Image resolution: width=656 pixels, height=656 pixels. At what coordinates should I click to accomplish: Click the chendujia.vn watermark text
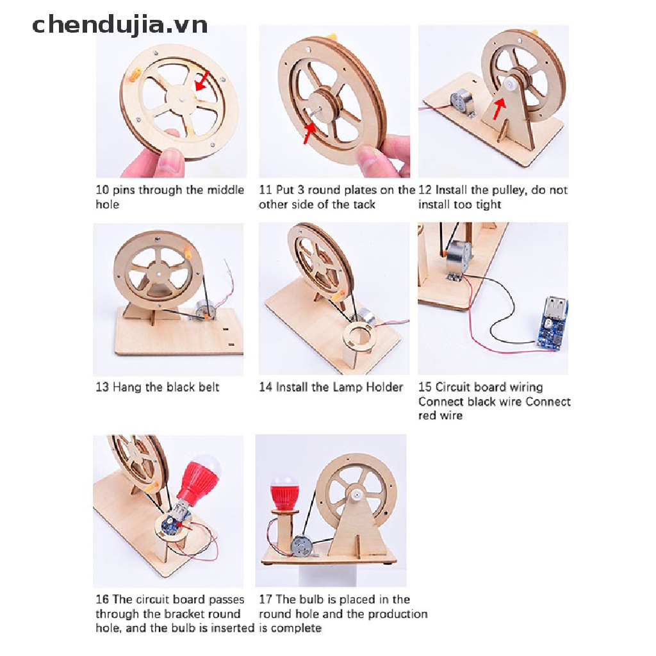pos(120,25)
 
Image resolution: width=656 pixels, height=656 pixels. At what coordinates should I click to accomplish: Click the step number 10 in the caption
pos(102,190)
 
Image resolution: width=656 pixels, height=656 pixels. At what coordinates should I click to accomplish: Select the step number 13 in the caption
pos(102,387)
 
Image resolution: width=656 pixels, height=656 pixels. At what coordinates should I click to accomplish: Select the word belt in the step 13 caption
pos(209,387)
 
